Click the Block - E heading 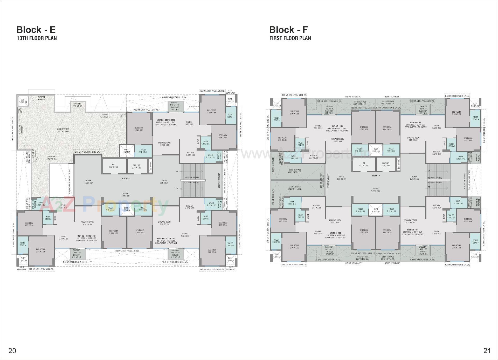[36, 30]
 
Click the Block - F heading [288, 30]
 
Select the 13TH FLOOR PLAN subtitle [37, 38]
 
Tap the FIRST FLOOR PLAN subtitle [290, 38]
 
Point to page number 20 [12, 351]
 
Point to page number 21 [487, 351]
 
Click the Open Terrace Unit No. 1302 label [63, 130]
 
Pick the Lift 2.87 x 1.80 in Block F [363, 164]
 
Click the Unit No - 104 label [416, 123]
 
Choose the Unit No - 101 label [412, 230]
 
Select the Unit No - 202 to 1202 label [86, 236]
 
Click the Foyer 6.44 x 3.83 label [375, 190]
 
